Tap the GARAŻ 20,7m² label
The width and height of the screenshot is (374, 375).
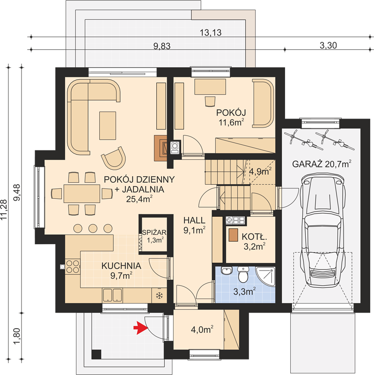322,164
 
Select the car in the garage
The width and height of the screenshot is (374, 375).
323,230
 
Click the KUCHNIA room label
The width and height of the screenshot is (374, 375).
121,266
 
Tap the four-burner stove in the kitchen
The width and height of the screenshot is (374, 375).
73,267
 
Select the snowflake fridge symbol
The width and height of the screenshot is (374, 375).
159,296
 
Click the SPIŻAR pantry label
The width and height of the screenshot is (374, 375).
154,232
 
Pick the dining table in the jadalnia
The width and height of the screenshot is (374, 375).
81,193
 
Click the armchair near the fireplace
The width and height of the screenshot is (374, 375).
114,158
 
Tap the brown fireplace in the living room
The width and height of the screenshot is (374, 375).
161,148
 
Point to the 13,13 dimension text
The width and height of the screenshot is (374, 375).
211,32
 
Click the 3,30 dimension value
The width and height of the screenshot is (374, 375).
328,45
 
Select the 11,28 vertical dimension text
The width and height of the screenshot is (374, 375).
4,210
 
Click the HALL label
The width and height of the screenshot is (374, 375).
194,220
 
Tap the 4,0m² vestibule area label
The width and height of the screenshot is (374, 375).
202,330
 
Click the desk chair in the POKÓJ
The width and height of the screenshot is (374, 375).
210,101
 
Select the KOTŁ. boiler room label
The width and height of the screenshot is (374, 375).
254,237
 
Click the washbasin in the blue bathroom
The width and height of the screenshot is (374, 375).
227,271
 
